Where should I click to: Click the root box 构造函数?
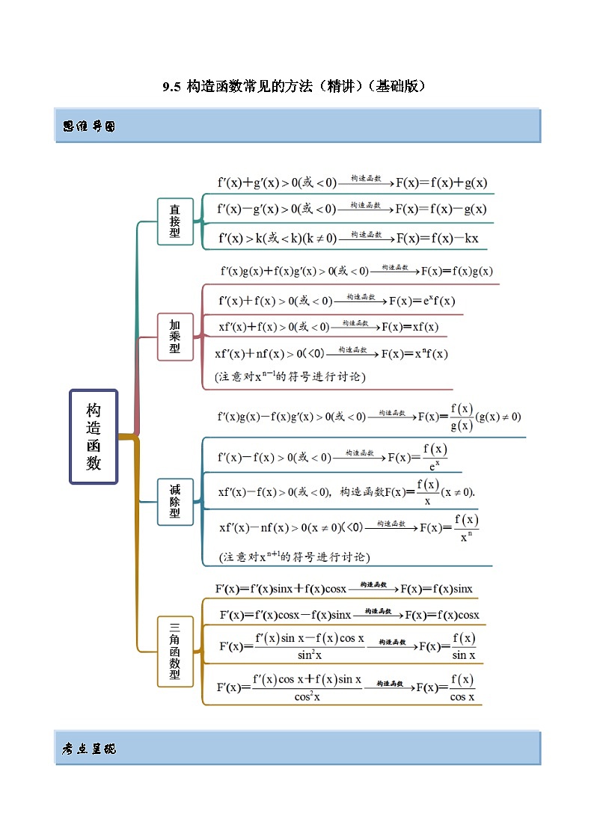pos(94,437)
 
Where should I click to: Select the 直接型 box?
pos(175,221)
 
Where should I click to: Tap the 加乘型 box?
pos(175,337)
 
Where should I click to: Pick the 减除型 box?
pos(175,501)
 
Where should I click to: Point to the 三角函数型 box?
pos(175,651)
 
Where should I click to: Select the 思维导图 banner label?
pos(89,126)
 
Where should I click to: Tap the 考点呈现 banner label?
pos(89,749)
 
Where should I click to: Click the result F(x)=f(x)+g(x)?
pos(441,183)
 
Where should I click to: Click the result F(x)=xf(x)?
pos(410,327)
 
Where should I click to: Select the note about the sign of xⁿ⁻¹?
pos(290,376)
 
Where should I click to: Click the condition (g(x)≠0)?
pos(498,417)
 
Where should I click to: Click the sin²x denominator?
pos(307,655)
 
